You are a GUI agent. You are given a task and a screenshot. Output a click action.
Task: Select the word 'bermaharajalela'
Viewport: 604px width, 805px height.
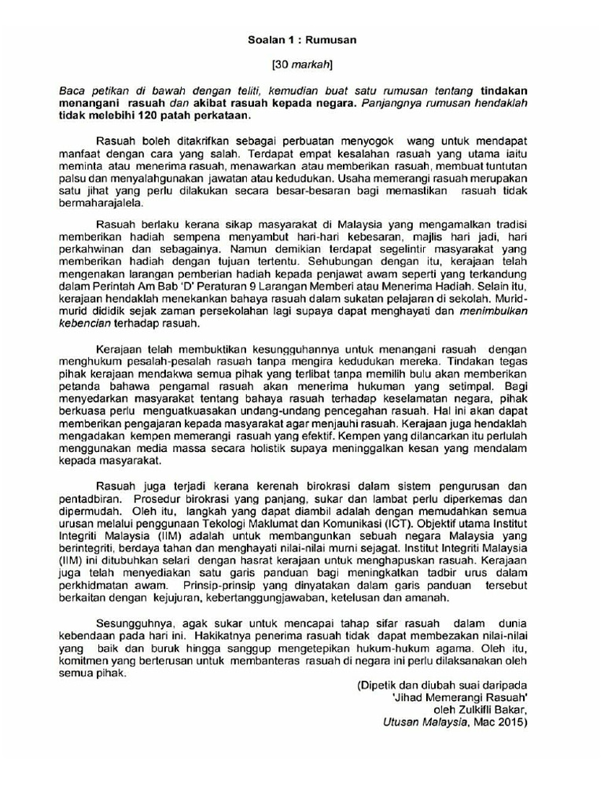(x=98, y=202)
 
